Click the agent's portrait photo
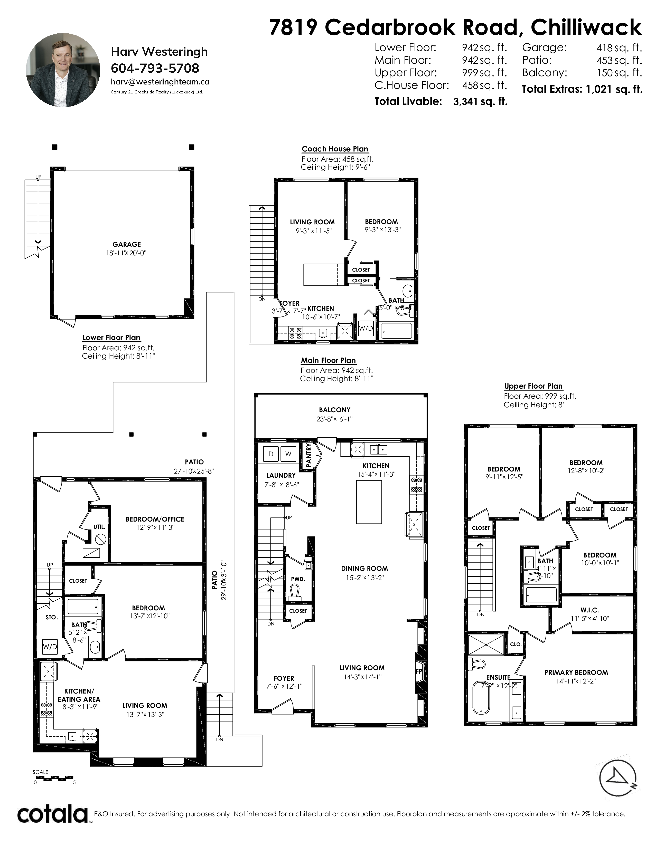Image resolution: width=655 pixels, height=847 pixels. (x=63, y=70)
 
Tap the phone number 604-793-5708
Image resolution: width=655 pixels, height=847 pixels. (x=155, y=68)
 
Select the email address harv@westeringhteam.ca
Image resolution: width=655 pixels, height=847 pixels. (x=160, y=82)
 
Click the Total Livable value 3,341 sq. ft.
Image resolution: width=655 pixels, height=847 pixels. (x=480, y=102)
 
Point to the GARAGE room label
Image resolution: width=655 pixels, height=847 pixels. (x=126, y=244)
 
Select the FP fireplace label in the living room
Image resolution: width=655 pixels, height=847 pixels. (x=419, y=671)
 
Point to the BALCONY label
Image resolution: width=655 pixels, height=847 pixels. (x=334, y=410)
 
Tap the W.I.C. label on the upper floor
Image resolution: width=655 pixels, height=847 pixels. (x=589, y=610)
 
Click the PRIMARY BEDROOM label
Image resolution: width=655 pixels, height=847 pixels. (x=576, y=672)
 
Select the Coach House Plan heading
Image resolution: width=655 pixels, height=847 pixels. (x=335, y=149)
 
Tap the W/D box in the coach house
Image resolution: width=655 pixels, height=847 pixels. (x=366, y=329)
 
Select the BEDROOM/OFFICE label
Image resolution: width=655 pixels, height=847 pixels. (x=155, y=519)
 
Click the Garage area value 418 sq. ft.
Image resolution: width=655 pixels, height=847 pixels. (x=619, y=48)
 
